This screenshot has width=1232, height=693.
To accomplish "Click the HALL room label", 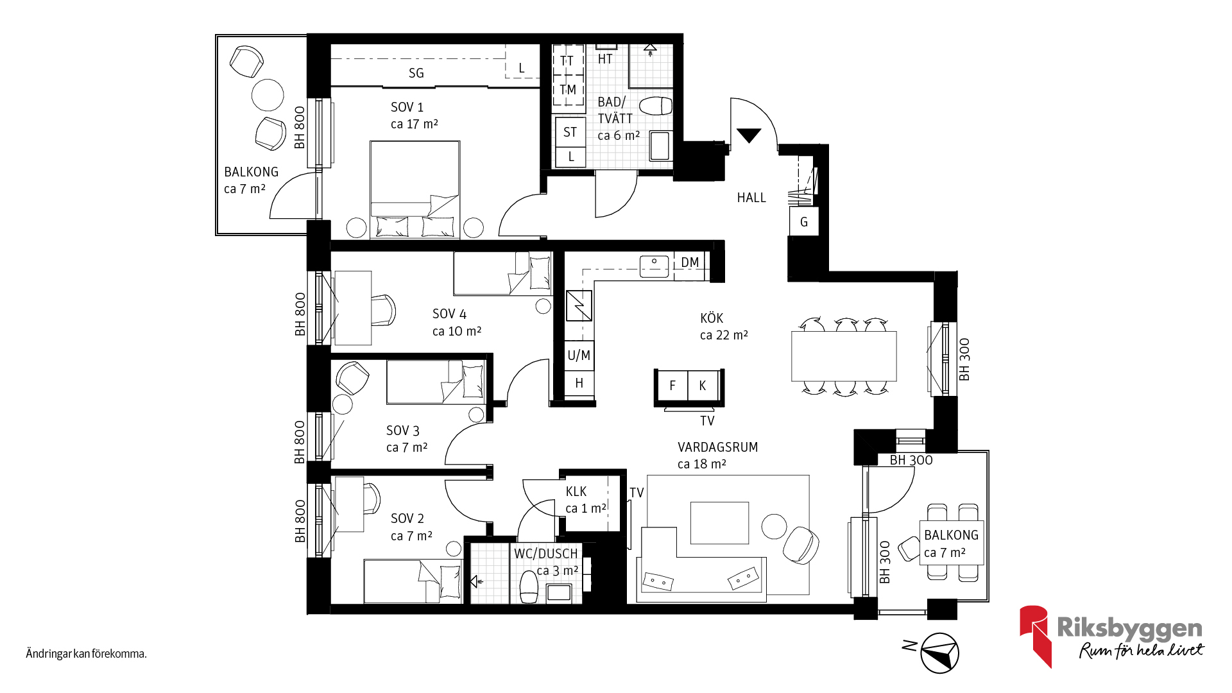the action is pyautogui.click(x=751, y=198).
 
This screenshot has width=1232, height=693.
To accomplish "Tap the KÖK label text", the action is pyautogui.click(x=712, y=318).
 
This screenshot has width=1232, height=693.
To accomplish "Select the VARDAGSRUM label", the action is pyautogui.click(x=718, y=447).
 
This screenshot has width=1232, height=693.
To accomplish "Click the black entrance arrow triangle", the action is pyautogui.click(x=749, y=135).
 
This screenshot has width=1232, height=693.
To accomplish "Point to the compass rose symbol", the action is pyautogui.click(x=939, y=653).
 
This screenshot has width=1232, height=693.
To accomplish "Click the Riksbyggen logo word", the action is pyautogui.click(x=1130, y=628).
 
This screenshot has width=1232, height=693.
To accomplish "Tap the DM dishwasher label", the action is pyautogui.click(x=690, y=262).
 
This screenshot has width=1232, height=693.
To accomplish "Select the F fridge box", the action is pyautogui.click(x=672, y=385).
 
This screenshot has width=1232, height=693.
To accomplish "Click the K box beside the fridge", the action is pyautogui.click(x=703, y=385).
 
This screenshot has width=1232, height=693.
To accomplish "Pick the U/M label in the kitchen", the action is pyautogui.click(x=579, y=355).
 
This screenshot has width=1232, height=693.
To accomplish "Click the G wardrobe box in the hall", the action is pyautogui.click(x=804, y=222).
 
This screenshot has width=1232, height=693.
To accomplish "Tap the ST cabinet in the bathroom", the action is pyautogui.click(x=570, y=132).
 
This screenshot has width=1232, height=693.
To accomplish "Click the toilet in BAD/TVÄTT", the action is pyautogui.click(x=655, y=106).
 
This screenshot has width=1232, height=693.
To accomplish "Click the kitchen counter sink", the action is pyautogui.click(x=654, y=266).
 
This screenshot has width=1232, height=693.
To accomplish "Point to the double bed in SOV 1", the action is pyautogui.click(x=415, y=190).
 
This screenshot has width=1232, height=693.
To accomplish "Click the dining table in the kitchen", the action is pyautogui.click(x=844, y=356).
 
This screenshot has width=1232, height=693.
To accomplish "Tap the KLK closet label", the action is pyautogui.click(x=576, y=492).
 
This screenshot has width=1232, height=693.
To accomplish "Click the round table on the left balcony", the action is pyautogui.click(x=268, y=95).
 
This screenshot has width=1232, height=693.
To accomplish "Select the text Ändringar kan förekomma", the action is pyautogui.click(x=86, y=654).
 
